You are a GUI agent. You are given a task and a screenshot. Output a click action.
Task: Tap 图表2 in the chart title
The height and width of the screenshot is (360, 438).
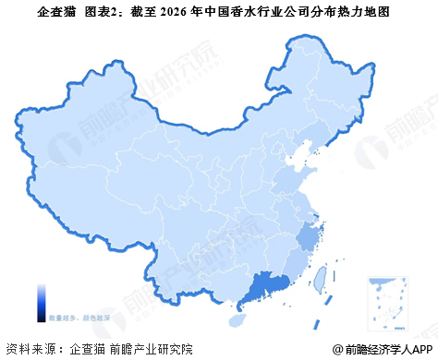click(x=102, y=13)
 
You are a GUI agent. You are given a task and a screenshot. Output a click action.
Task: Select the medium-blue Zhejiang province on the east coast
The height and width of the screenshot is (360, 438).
click(x=307, y=238)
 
